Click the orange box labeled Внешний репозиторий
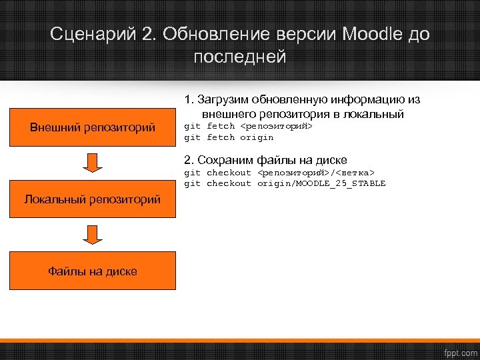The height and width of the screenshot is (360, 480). (93, 127)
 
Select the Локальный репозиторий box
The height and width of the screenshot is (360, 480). (93, 199)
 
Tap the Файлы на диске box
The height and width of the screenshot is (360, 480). (93, 271)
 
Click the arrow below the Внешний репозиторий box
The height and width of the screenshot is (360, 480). (93, 163)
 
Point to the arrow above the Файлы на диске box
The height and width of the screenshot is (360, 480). (93, 235)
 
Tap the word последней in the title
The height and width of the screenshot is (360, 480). (240, 57)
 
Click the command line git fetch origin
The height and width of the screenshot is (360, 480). (229, 137)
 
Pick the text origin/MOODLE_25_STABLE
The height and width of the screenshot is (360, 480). (321, 183)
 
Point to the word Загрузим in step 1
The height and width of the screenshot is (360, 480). (222, 100)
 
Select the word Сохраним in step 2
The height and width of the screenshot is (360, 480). (225, 160)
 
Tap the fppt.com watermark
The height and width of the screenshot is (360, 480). (460, 351)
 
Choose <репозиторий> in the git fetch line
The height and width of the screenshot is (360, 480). (276, 126)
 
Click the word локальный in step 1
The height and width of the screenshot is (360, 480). (377, 114)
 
